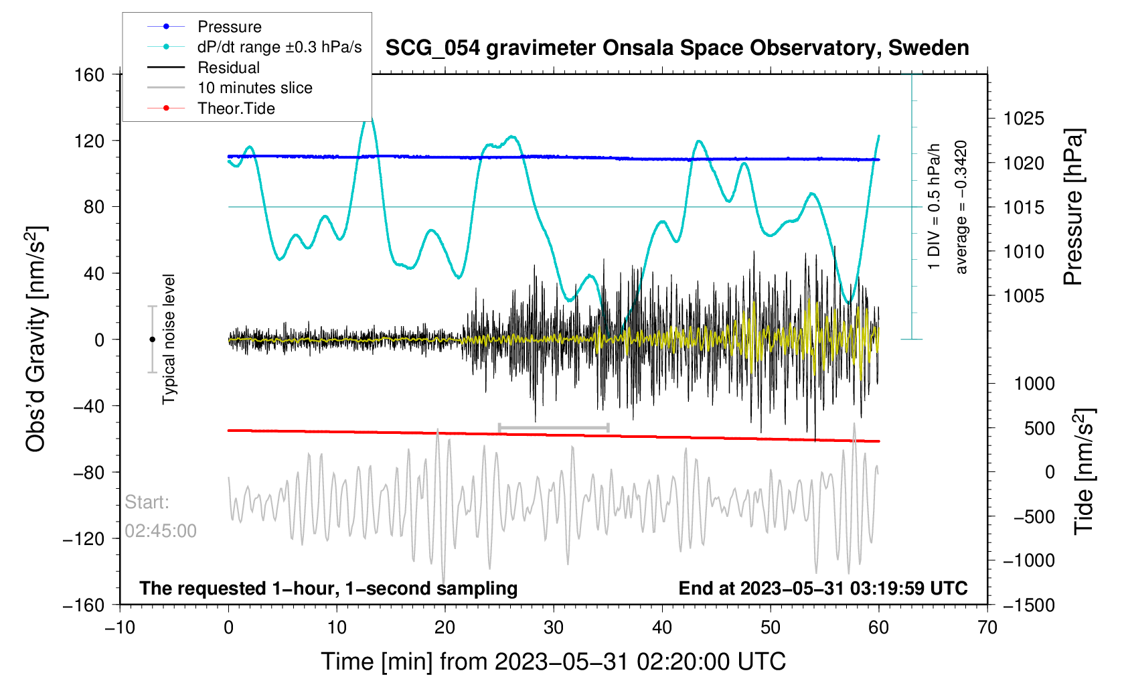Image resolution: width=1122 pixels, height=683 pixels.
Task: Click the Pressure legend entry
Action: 229,27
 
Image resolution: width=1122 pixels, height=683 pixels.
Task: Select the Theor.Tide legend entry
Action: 236,108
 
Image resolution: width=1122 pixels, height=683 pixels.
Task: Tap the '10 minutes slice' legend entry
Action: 254,88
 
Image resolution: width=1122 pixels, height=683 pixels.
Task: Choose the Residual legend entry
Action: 228,68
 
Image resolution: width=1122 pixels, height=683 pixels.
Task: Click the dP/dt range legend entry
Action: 279,47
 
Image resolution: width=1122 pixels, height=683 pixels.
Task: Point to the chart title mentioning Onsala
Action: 677,48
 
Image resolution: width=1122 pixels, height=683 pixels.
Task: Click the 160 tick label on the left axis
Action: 90,75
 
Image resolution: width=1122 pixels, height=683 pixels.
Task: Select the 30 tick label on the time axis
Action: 554,627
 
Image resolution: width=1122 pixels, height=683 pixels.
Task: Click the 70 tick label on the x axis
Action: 987,627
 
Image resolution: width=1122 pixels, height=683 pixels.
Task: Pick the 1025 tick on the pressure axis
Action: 1024,119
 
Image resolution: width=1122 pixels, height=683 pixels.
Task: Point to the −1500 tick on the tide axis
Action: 1028,605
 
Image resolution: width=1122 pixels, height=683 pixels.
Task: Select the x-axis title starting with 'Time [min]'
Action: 553,662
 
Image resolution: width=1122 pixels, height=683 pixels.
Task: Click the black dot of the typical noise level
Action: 152,339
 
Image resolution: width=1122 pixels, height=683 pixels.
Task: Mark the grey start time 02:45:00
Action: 161,531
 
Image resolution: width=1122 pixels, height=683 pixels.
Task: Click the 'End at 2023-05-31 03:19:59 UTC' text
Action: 823,589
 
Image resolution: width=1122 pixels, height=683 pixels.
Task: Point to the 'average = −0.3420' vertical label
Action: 961,207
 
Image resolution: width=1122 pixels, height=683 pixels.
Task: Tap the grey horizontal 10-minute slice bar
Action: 554,427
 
